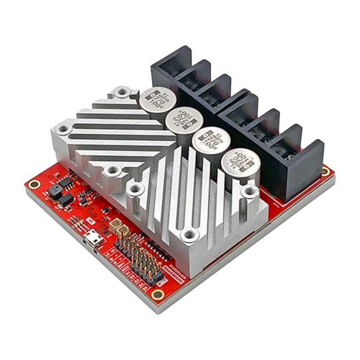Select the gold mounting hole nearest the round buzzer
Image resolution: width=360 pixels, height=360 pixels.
click(33, 184)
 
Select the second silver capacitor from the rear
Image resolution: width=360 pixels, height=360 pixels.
click(181, 120)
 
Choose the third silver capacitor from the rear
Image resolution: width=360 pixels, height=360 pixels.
click(209, 140)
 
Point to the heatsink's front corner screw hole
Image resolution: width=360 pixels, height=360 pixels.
click(189, 235)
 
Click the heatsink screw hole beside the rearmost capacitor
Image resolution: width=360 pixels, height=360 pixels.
click(123, 91)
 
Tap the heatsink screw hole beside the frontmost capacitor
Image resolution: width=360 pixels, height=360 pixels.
click(249, 192)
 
